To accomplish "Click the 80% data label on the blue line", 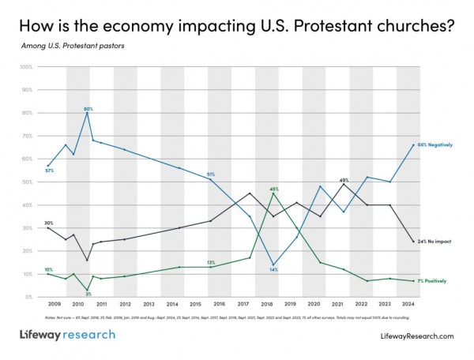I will [x=88, y=108].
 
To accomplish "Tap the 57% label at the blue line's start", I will [x=49, y=171].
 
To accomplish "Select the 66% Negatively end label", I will [x=435, y=144].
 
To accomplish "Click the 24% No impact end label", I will [x=435, y=242].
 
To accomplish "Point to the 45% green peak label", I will [x=274, y=189].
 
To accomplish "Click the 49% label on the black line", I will [x=344, y=180].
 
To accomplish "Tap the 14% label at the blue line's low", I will [x=273, y=270].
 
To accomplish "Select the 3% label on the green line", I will [x=88, y=294].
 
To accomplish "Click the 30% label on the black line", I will [x=49, y=201].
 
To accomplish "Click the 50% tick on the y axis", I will [x=26, y=182].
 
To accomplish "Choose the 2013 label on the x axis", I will [x=149, y=303].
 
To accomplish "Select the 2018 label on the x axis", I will [x=268, y=303].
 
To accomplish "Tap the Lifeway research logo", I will [x=67, y=335].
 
